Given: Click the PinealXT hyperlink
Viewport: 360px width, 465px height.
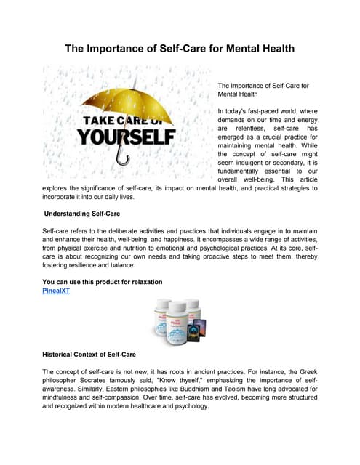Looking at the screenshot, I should [59, 291].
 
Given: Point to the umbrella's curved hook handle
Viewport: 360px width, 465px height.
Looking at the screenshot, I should [122, 158].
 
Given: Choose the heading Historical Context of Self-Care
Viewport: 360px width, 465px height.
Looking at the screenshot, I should [89, 354].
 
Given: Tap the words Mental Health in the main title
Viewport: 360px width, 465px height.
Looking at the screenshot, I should [255, 49].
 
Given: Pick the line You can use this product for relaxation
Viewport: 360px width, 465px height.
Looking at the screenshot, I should [102, 281].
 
